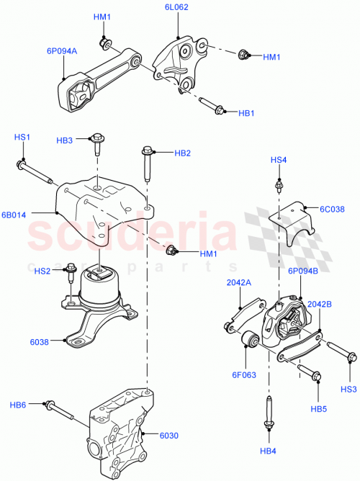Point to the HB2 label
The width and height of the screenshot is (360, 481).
[x=182, y=153]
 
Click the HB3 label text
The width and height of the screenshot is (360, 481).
[x=64, y=140]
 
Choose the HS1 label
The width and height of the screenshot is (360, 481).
[x=22, y=137]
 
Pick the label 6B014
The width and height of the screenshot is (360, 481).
[x=14, y=214]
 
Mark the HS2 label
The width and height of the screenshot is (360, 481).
[x=42, y=270]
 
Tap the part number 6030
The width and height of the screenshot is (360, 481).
[x=168, y=435]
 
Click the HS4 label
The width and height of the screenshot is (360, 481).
[x=279, y=160]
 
